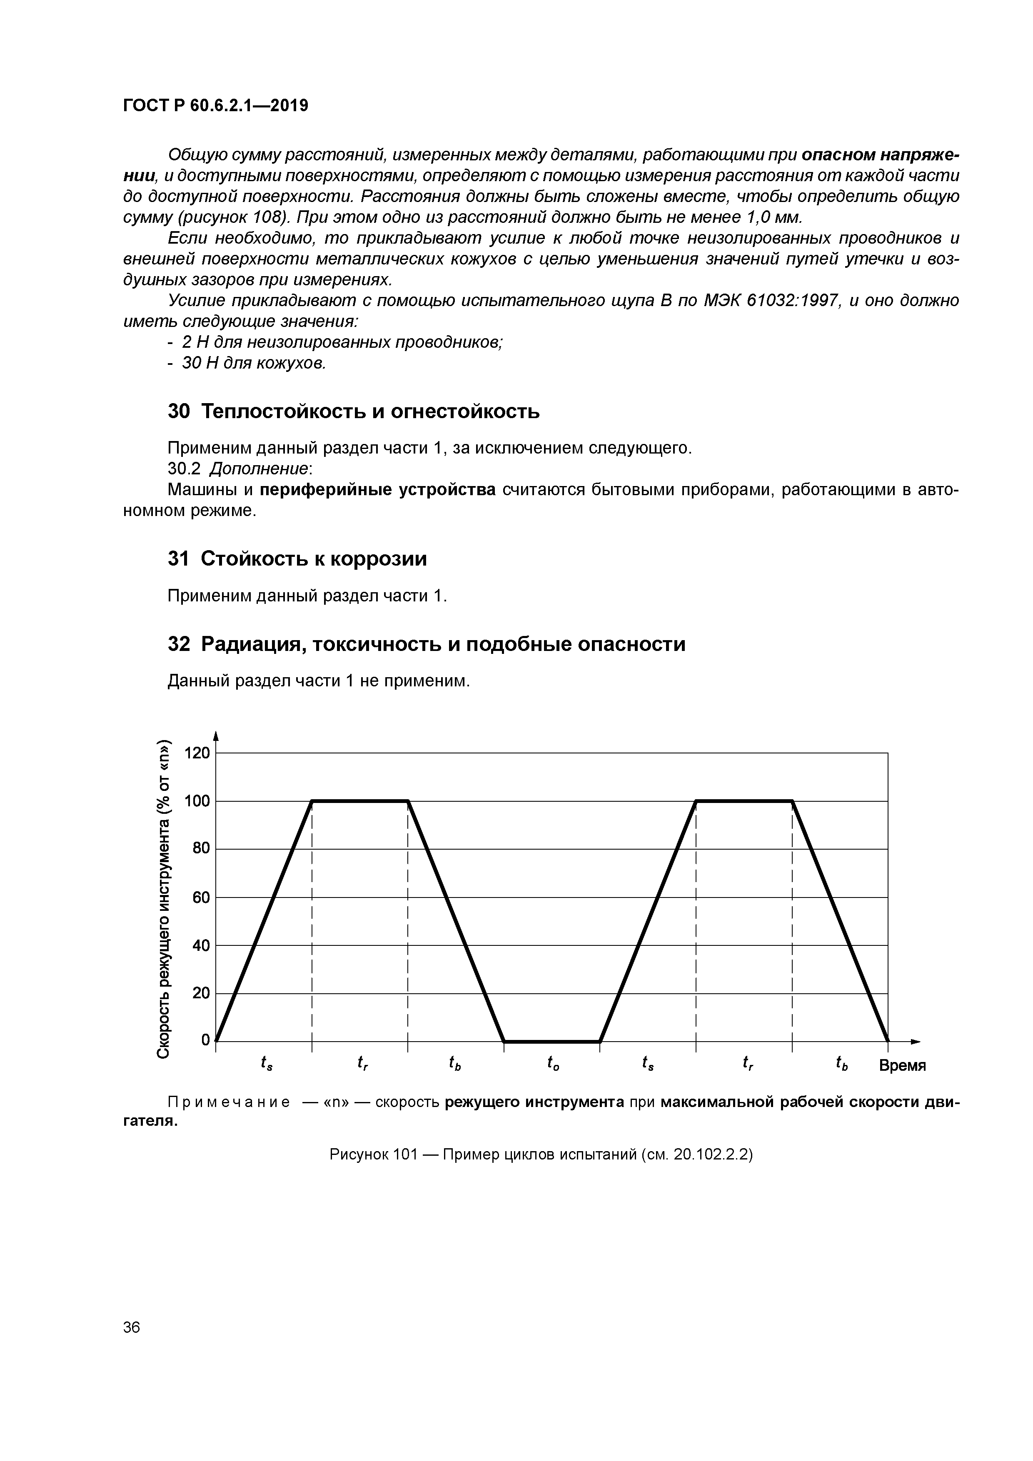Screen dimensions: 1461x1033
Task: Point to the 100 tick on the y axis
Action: (196, 801)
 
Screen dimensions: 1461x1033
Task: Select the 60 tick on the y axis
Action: (200, 897)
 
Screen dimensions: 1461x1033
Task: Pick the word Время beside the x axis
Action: (902, 1065)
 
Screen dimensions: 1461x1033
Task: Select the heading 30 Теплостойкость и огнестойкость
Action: (353, 412)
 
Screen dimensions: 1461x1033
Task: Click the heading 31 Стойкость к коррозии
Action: (297, 558)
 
